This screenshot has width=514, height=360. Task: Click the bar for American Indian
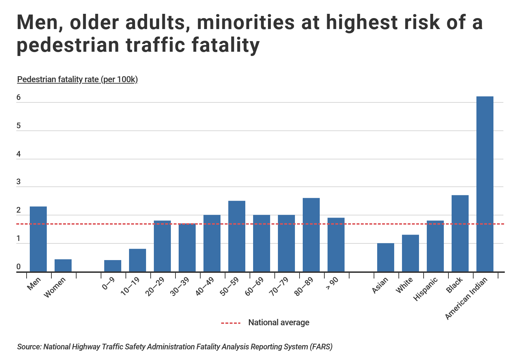[485, 184]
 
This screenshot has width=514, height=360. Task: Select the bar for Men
[38, 239]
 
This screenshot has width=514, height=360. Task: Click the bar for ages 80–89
[311, 235]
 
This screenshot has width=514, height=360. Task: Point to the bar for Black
[460, 233]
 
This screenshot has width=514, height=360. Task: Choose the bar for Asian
[386, 257]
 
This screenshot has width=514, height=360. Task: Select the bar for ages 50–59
[237, 236]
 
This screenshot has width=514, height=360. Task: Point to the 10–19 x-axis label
[130, 286]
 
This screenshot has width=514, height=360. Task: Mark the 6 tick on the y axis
[18, 97]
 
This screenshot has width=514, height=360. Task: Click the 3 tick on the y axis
[18, 182]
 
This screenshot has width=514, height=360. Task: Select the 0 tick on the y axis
[18, 267]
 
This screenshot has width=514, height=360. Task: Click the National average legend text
[279, 322]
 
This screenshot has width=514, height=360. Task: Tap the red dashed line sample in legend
[231, 323]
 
